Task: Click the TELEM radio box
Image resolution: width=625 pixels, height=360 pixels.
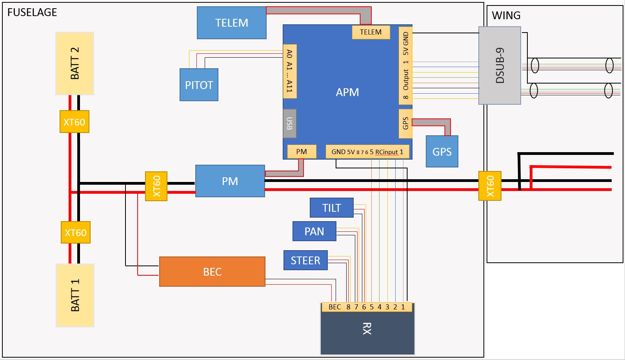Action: (x=231, y=23)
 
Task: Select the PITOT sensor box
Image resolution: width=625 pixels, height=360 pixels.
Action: (x=199, y=85)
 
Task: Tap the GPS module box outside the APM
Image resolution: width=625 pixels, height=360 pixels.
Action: (x=442, y=151)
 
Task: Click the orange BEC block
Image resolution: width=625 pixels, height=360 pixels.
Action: (x=212, y=271)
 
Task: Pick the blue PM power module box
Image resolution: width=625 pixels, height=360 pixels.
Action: (x=230, y=181)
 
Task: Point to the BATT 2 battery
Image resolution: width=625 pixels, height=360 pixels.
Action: (x=74, y=63)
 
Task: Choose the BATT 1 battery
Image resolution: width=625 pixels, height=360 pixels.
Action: (x=75, y=295)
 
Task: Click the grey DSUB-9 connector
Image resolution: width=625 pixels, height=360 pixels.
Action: (x=500, y=65)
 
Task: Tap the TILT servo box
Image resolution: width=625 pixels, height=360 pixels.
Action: (x=331, y=207)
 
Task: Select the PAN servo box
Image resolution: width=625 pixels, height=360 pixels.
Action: (x=314, y=231)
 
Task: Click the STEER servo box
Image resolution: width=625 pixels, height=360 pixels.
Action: (x=305, y=260)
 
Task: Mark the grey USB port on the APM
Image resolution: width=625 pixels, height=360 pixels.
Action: (x=289, y=124)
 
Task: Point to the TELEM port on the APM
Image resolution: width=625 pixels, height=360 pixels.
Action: (x=371, y=32)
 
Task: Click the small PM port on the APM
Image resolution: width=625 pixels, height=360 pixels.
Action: (x=302, y=152)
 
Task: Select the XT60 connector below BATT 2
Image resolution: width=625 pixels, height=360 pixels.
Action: (x=74, y=122)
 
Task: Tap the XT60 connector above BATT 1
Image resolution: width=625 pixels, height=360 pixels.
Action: (x=75, y=233)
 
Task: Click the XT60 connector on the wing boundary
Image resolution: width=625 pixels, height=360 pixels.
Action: (x=490, y=186)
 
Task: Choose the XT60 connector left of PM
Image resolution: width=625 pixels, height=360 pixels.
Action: (x=156, y=186)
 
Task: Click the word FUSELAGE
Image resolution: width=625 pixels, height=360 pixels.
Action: (x=32, y=13)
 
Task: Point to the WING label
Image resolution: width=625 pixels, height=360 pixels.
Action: (x=506, y=16)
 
